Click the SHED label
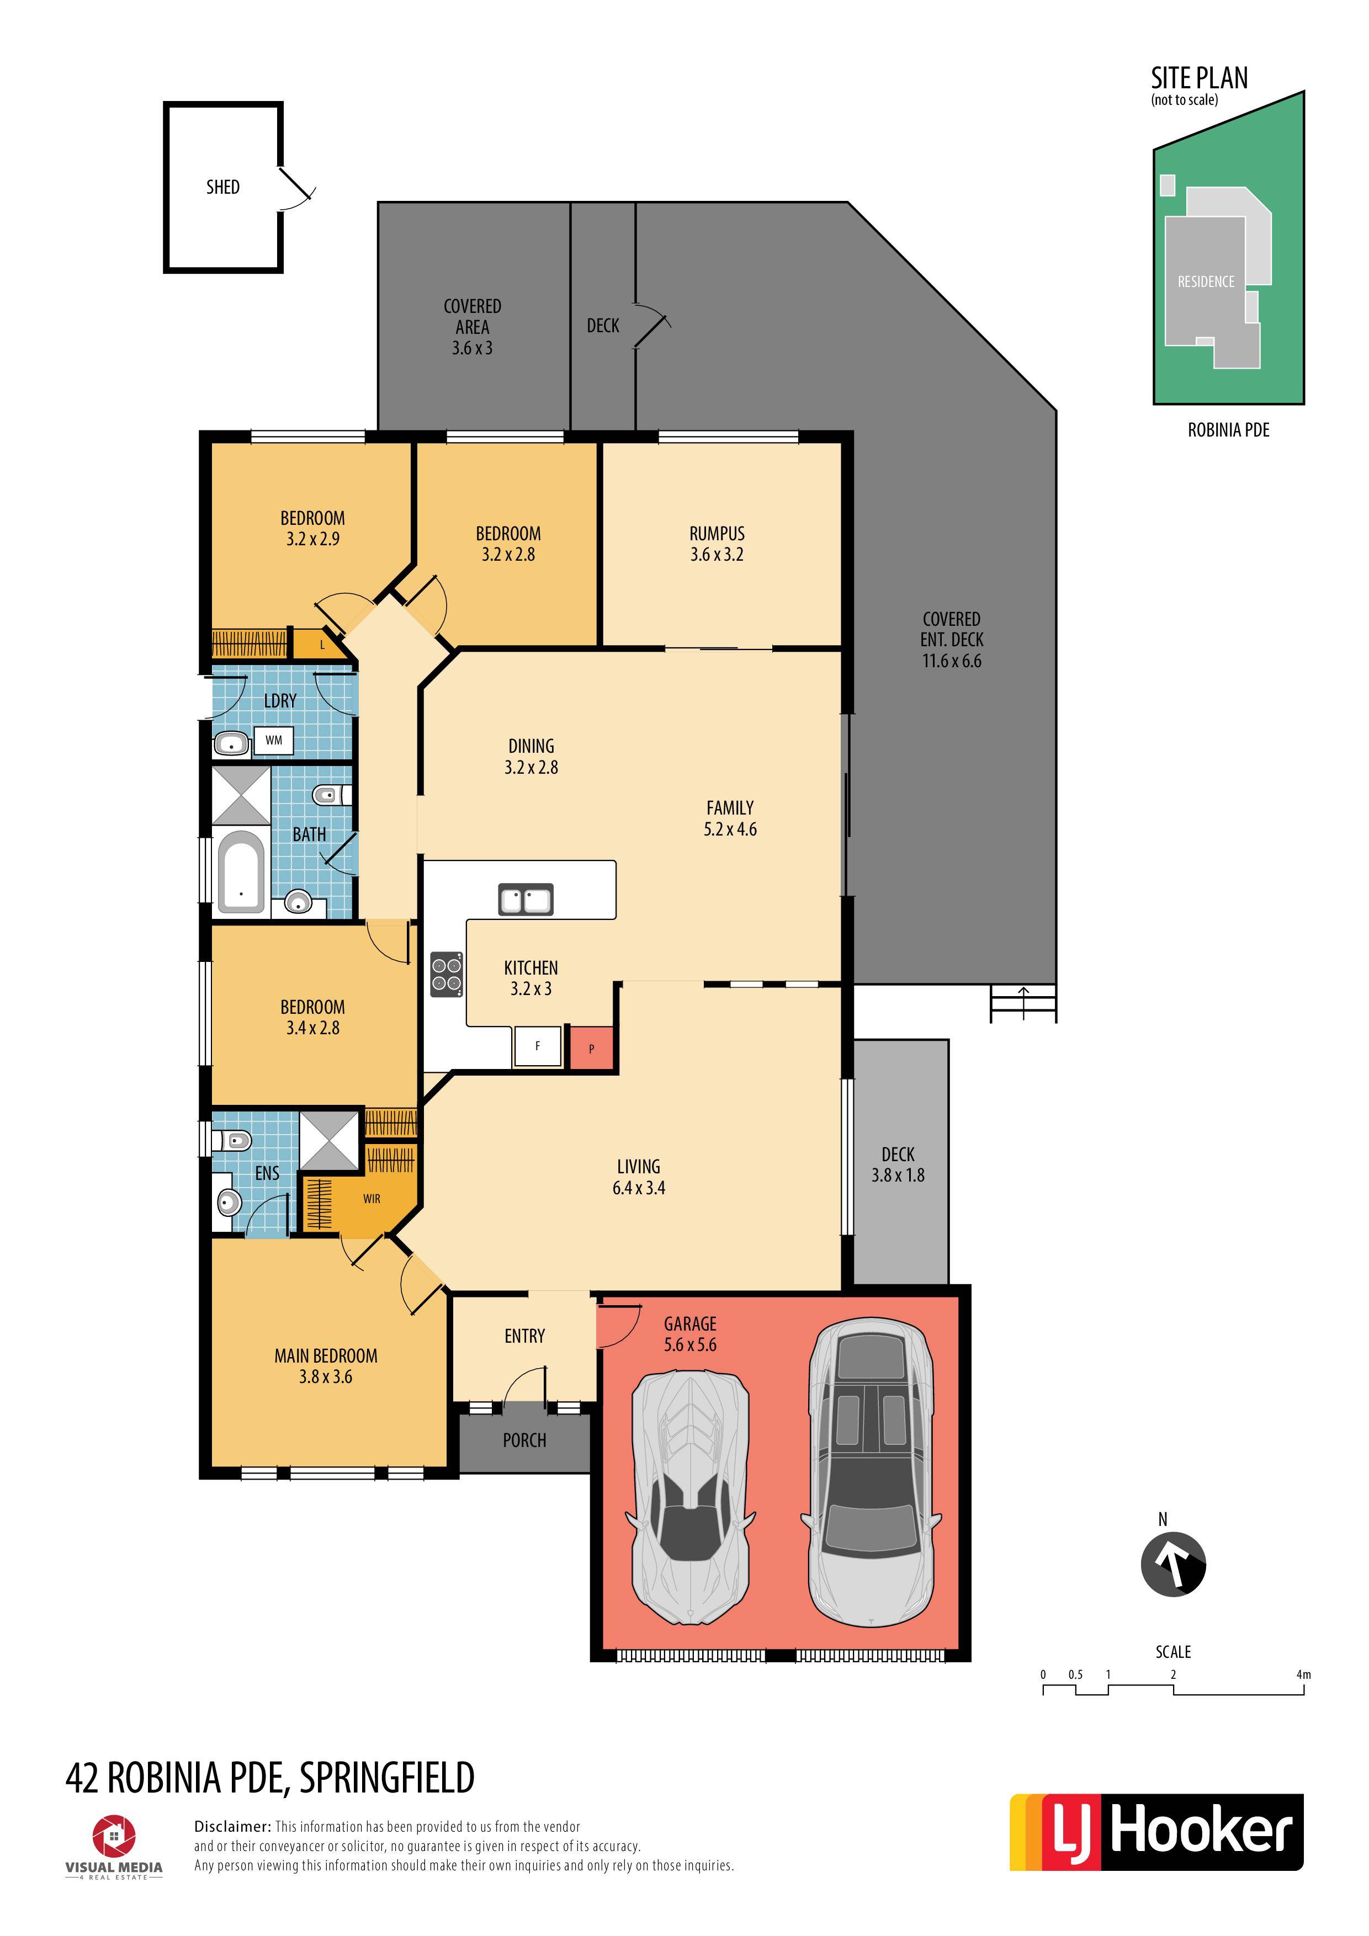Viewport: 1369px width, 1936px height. tap(222, 187)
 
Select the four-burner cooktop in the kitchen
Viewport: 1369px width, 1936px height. tap(446, 974)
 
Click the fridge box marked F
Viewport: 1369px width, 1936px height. tap(537, 1046)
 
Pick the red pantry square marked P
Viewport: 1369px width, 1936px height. tap(591, 1048)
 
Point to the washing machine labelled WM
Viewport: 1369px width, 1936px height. tap(274, 740)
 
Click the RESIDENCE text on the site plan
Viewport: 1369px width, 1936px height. tap(1206, 281)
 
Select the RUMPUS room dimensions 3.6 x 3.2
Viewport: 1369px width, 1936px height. tap(717, 555)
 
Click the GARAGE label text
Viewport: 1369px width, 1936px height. tap(690, 1324)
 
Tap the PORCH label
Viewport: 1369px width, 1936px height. tap(524, 1440)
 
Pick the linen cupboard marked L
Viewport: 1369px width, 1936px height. tap(321, 645)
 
